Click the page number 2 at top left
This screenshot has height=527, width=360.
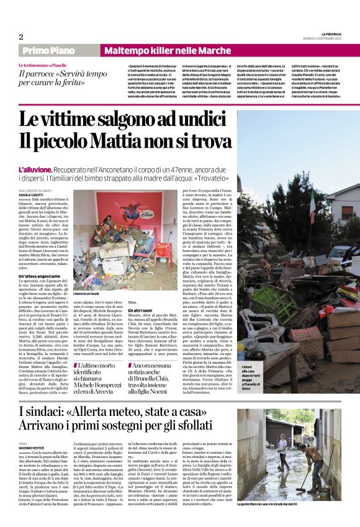coord(20,37)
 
